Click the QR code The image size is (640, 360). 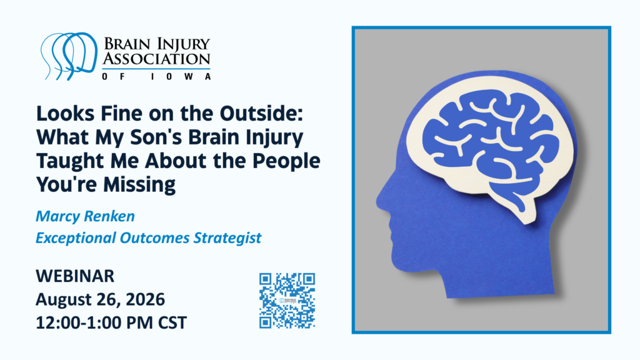pyautogui.click(x=287, y=301)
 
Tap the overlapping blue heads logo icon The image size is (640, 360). pyautogui.click(x=69, y=56)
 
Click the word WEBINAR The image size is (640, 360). pyautogui.click(x=75, y=276)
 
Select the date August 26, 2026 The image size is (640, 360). pyautogui.click(x=101, y=299)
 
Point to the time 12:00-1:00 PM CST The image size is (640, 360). pyautogui.click(x=111, y=323)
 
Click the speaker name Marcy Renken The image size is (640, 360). pyautogui.click(x=85, y=216)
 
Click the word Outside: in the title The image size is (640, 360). pyautogui.click(x=261, y=114)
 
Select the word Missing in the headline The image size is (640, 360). pyautogui.click(x=139, y=185)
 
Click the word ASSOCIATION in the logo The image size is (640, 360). pyautogui.click(x=156, y=59)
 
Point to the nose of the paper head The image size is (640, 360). pyautogui.click(x=379, y=201)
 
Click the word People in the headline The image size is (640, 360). pyautogui.click(x=286, y=161)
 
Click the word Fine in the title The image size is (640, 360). pyautogui.click(x=121, y=114)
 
